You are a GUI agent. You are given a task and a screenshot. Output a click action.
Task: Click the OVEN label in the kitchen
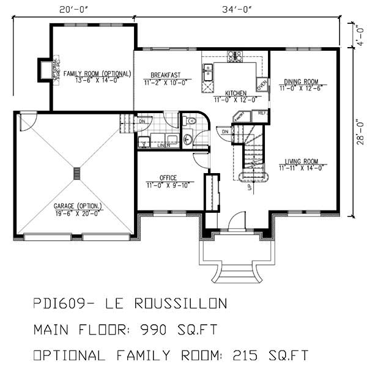(x=262, y=84)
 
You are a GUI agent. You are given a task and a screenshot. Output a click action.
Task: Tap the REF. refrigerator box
(x=262, y=113)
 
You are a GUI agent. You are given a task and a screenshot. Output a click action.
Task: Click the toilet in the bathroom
(x=188, y=139)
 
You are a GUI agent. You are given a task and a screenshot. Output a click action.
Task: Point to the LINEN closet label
(x=164, y=146)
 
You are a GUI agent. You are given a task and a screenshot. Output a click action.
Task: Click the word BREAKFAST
(x=162, y=75)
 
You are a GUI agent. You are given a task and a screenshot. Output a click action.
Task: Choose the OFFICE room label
(x=168, y=179)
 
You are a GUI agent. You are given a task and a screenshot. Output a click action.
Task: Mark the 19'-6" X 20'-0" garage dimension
(x=76, y=213)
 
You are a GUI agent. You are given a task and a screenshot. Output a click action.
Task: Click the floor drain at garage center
(x=76, y=173)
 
